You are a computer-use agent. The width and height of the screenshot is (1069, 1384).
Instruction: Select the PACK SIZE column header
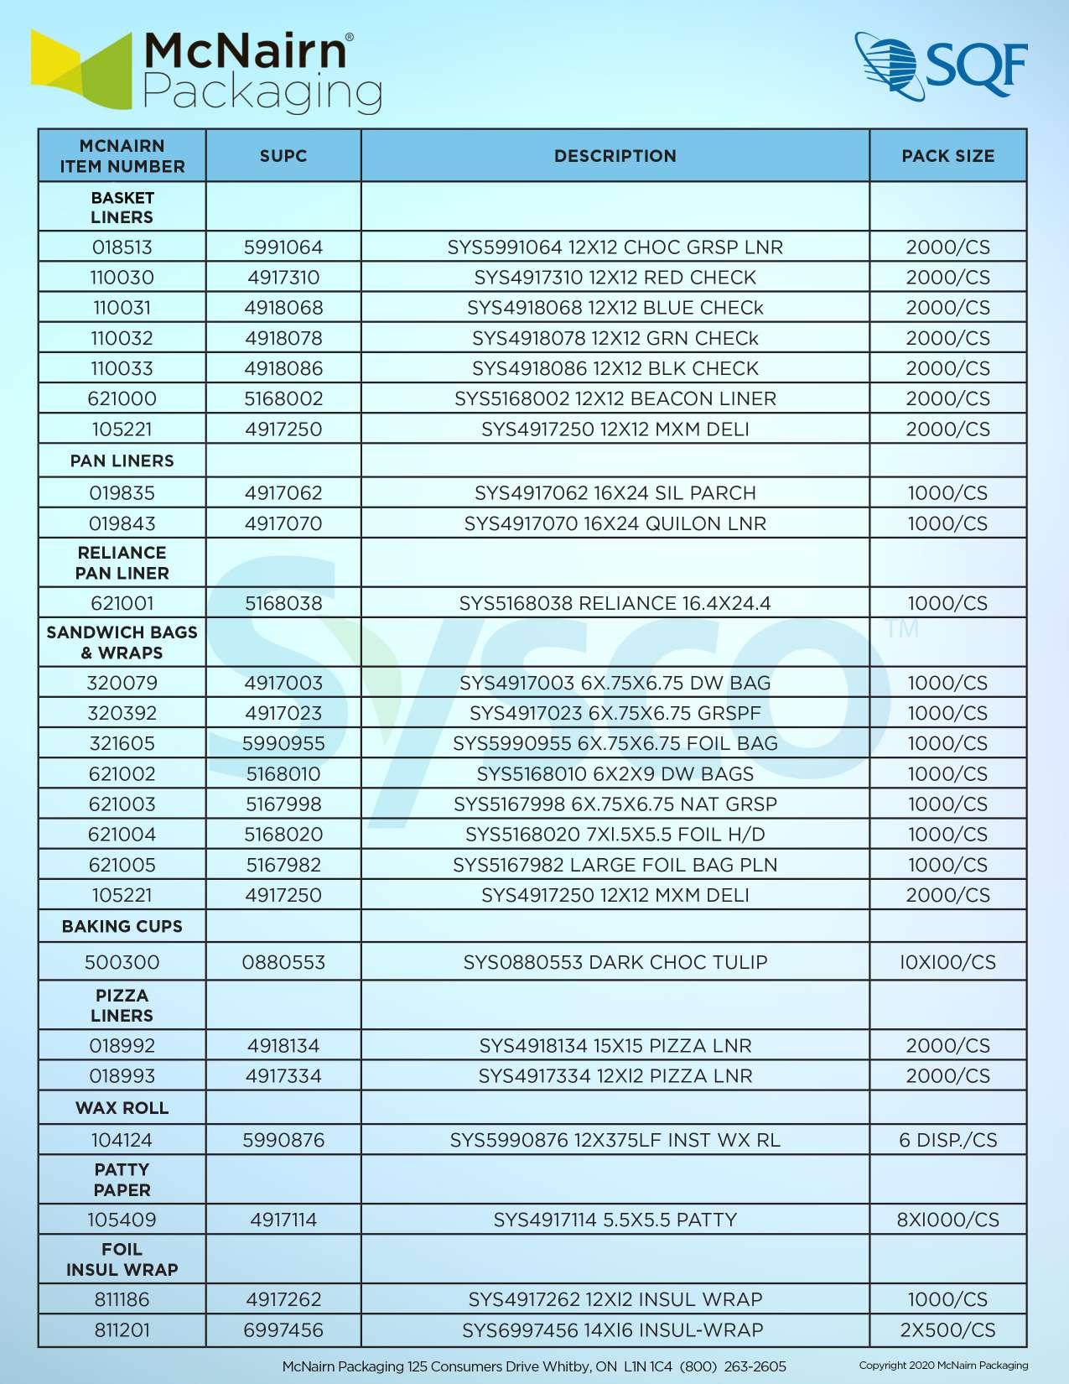[x=947, y=156]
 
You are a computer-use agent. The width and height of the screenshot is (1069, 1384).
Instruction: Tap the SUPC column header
[x=283, y=156]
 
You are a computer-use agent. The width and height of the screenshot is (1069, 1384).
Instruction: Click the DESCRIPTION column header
[x=615, y=156]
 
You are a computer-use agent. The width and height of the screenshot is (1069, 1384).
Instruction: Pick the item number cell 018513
[x=122, y=247]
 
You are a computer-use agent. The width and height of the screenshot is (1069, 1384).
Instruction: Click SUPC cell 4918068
[x=283, y=308]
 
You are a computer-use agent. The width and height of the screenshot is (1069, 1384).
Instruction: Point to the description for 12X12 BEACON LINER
[x=615, y=398]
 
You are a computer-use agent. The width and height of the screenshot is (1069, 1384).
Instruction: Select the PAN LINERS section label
[x=122, y=460]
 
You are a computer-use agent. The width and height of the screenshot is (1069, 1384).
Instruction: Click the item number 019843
[x=122, y=523]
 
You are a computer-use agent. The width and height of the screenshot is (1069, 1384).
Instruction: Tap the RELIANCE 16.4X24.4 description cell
[x=615, y=603]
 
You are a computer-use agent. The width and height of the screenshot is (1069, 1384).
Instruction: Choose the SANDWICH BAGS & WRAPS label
[x=122, y=643]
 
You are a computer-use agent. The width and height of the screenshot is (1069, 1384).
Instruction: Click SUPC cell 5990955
[x=283, y=743]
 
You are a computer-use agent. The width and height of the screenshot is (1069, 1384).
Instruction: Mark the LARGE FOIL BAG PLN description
[x=615, y=865]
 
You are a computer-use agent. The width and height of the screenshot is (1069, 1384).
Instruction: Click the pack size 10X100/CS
[x=947, y=962]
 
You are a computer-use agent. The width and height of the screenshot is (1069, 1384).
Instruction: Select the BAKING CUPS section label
[x=122, y=926]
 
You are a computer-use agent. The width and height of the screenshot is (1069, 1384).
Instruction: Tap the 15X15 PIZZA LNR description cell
[x=615, y=1046]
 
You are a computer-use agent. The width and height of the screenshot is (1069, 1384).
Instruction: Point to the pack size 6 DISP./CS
[x=947, y=1140]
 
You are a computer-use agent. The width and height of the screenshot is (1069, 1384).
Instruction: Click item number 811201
[x=122, y=1329]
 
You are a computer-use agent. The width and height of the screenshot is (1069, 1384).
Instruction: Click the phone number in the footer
[x=733, y=1366]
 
